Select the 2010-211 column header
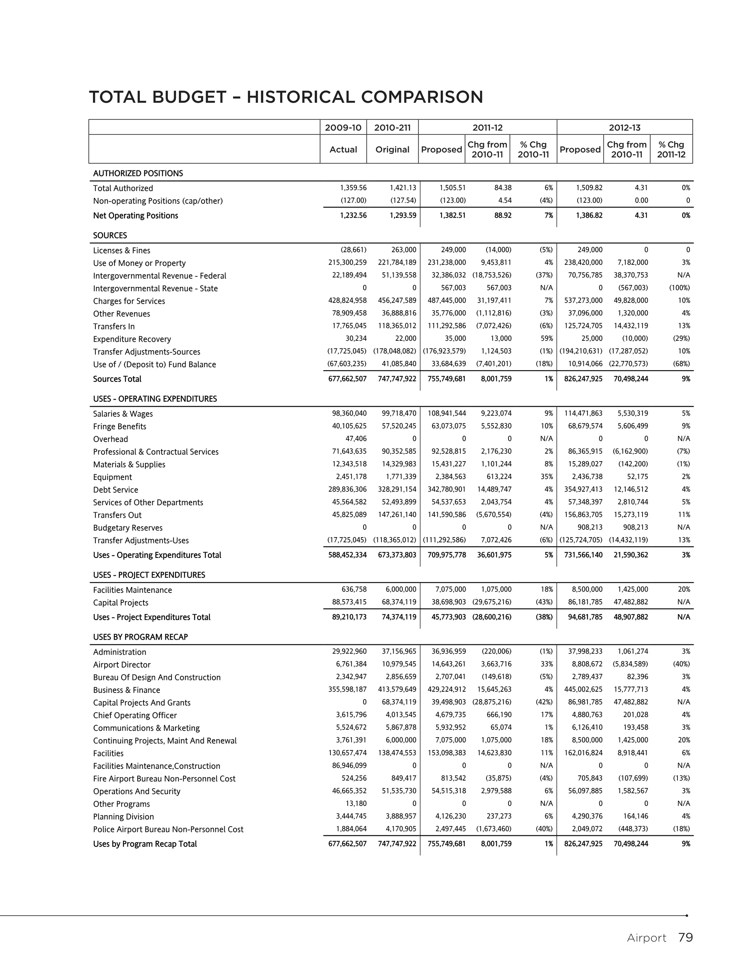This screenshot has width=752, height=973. (392, 128)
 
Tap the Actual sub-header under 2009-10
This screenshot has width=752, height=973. (343, 150)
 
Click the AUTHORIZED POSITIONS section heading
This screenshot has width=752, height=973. (138, 173)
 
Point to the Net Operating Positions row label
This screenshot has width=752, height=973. (135, 216)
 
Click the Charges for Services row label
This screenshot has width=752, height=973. (129, 301)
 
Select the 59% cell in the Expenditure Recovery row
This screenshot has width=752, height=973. (546, 339)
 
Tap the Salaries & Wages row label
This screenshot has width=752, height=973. (123, 414)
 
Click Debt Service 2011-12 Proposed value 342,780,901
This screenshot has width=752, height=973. (446, 489)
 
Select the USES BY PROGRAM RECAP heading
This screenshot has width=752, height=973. (140, 637)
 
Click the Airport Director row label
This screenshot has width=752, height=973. (122, 665)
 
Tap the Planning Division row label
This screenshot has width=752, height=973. (123, 817)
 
